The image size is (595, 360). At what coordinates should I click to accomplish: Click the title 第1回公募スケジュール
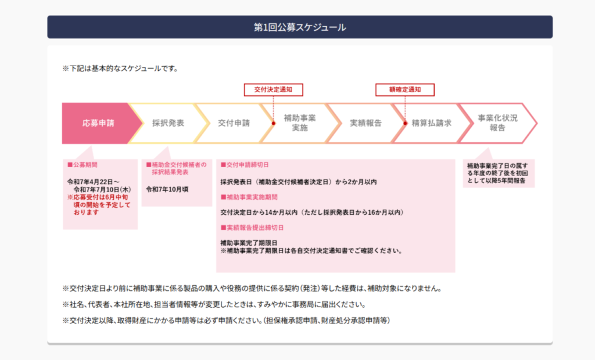click(x=300, y=27)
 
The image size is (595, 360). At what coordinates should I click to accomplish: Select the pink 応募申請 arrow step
click(x=99, y=123)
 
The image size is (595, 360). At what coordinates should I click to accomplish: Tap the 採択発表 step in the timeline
click(x=168, y=123)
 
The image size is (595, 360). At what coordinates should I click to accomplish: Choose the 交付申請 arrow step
click(x=234, y=123)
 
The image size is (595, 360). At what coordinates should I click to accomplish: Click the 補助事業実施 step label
click(x=300, y=123)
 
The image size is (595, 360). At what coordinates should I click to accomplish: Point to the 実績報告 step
click(x=366, y=123)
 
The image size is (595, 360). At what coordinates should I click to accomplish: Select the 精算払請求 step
click(x=432, y=123)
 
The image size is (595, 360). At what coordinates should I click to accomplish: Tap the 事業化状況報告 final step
click(x=497, y=123)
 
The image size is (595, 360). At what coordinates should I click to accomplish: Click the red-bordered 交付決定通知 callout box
click(x=273, y=90)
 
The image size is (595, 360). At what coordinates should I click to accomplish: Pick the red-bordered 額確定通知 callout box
click(x=405, y=90)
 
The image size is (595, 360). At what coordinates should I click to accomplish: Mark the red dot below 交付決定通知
click(x=273, y=123)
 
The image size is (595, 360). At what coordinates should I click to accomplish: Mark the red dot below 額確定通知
click(x=405, y=123)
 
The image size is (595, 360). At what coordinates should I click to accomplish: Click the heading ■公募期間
click(x=83, y=165)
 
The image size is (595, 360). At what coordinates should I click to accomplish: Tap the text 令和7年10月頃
click(x=167, y=189)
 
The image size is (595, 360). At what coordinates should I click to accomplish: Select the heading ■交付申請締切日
click(x=245, y=165)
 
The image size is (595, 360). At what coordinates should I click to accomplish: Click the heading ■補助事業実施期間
click(x=249, y=197)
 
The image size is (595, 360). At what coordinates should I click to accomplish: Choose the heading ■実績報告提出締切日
click(x=252, y=228)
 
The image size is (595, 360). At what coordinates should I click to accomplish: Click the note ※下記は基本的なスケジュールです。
click(x=120, y=69)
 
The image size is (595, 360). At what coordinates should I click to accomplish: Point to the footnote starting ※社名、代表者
click(x=214, y=305)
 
